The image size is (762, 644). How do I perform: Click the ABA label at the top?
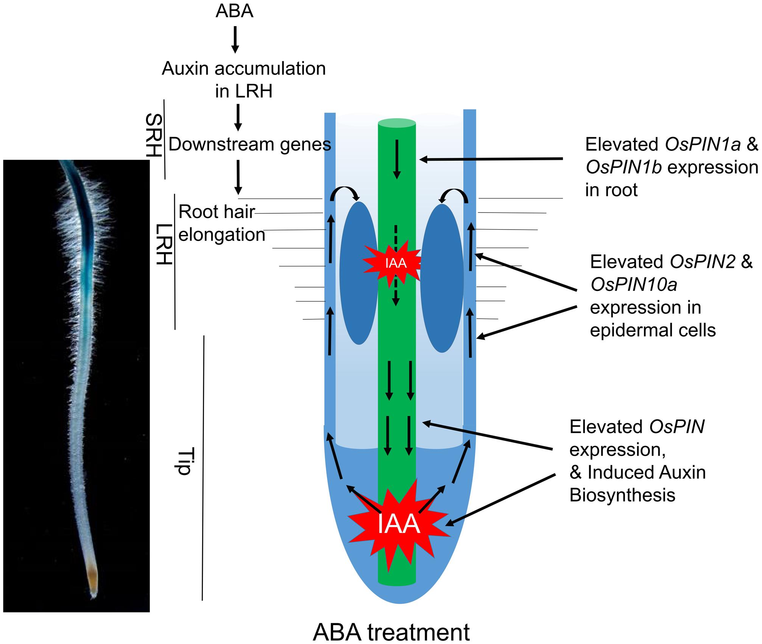pos(234,11)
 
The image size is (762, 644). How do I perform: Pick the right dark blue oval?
pos(442,278)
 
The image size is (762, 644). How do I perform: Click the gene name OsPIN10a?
pos(634,285)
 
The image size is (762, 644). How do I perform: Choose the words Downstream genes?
pos(249,145)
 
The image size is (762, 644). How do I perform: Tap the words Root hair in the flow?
pos(216,212)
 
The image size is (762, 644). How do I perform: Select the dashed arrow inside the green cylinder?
pos(396,265)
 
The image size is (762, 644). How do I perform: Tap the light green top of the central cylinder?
pos(397,123)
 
